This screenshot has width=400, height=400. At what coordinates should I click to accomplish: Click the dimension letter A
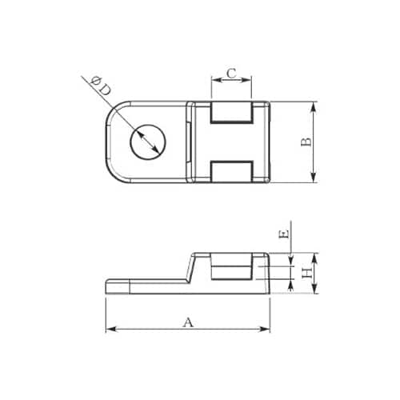189,322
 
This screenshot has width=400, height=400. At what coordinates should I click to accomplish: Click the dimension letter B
305,142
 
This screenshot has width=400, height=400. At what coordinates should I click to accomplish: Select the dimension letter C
231,74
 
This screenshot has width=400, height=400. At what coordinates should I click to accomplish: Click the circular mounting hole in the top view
146,142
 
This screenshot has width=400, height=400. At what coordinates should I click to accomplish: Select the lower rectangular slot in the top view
232,171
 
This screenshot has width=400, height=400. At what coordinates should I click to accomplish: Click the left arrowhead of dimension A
110,329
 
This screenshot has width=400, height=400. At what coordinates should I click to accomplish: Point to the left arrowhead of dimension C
213,79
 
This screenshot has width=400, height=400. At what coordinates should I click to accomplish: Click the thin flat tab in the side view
144,284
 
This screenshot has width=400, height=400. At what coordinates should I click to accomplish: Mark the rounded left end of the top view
112,142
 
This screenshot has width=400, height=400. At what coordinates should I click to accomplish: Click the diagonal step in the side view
189,268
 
